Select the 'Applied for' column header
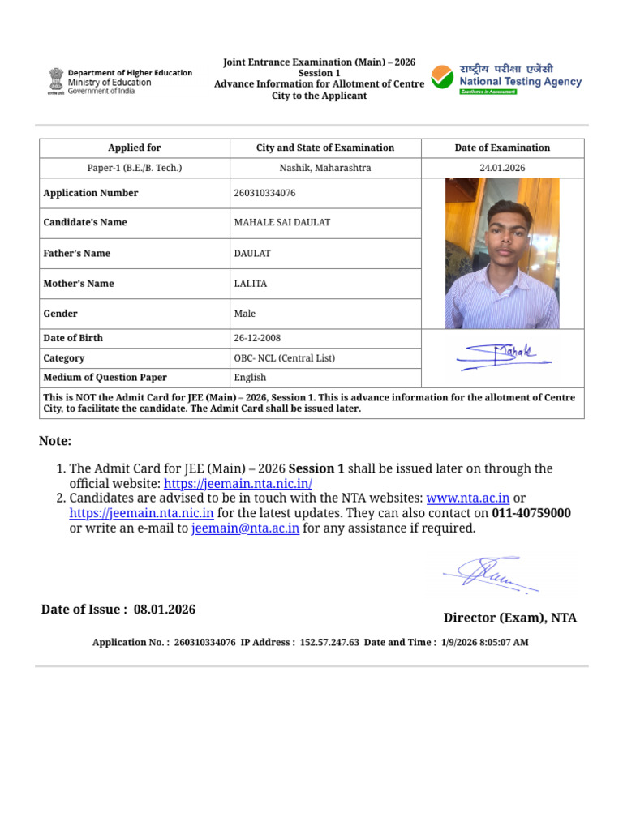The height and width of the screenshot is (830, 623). pyautogui.click(x=135, y=148)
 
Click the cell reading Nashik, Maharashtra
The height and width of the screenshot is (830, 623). pyautogui.click(x=325, y=168)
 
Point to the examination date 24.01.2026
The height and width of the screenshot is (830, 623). pyautogui.click(x=502, y=168)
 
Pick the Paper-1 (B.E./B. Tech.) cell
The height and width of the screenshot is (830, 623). pyautogui.click(x=135, y=168)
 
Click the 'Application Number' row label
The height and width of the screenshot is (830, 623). pyautogui.click(x=90, y=193)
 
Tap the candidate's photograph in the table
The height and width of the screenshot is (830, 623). pyautogui.click(x=502, y=253)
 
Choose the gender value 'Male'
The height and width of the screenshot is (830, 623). pyautogui.click(x=244, y=314)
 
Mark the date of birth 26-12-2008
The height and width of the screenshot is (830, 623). pyautogui.click(x=257, y=338)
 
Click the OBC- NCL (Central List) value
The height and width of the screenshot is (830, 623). pyautogui.click(x=284, y=358)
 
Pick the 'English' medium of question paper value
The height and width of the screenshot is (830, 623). pyautogui.click(x=250, y=378)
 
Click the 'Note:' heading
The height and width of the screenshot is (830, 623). pyautogui.click(x=55, y=441)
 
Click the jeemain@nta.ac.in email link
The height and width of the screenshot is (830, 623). pyautogui.click(x=246, y=528)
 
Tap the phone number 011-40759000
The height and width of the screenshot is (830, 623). pyautogui.click(x=531, y=513)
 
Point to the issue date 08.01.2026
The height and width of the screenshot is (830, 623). pyautogui.click(x=165, y=610)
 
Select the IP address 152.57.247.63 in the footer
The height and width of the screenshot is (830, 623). pyautogui.click(x=329, y=642)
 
